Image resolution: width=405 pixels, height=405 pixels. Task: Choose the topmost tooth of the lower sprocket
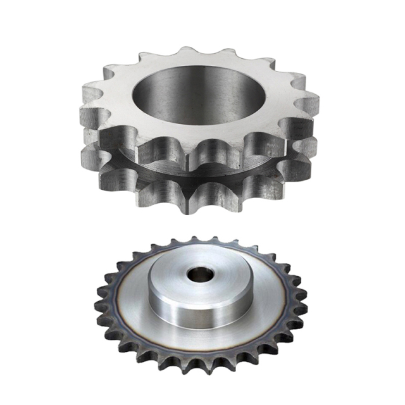(193, 240)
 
